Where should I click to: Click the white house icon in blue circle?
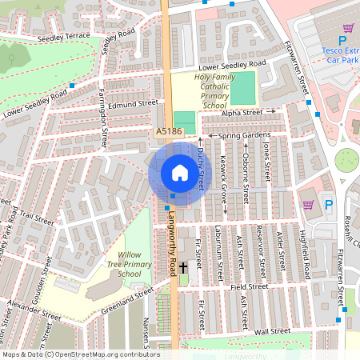coord(175,174)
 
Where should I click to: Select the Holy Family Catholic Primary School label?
coord(214,90)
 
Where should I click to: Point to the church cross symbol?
coord(183,267)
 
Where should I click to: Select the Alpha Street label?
coord(242,114)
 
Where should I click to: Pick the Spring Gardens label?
coord(240,137)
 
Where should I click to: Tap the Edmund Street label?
coord(135,103)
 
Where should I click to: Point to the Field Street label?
coord(249,286)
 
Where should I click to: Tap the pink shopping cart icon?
coord(308,206)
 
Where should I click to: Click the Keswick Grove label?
coord(224,182)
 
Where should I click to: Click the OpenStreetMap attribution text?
coord(81,354)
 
